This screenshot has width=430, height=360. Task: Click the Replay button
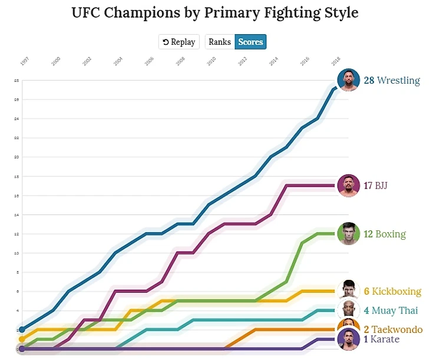click(179, 42)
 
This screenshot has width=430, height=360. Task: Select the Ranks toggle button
click(220, 42)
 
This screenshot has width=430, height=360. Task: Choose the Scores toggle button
click(250, 42)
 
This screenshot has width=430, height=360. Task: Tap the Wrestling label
click(398, 80)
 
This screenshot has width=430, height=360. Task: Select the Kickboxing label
click(396, 291)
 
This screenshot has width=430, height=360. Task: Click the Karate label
click(385, 339)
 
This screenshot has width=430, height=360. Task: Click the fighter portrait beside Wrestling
click(348, 80)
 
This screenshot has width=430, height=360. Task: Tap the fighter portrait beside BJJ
click(348, 186)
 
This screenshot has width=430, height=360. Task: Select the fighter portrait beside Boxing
click(348, 234)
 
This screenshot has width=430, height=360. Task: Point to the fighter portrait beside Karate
click(348, 339)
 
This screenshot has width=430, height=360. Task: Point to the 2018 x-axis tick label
click(336, 61)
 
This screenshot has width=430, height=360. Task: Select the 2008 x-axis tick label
click(180, 61)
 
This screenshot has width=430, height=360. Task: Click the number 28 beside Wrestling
click(369, 80)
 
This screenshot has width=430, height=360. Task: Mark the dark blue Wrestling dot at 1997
click(22, 329)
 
